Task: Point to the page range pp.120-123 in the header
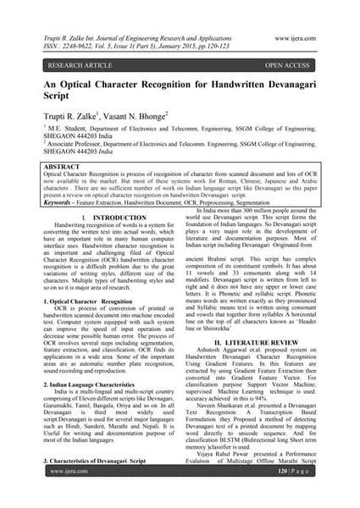point(227,47)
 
